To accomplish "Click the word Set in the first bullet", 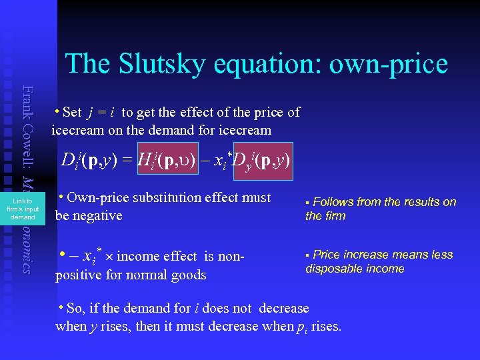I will point(71,113).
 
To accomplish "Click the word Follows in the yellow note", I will point(333,202).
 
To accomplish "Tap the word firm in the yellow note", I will point(335,216).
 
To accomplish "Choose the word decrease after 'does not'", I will point(283,309).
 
